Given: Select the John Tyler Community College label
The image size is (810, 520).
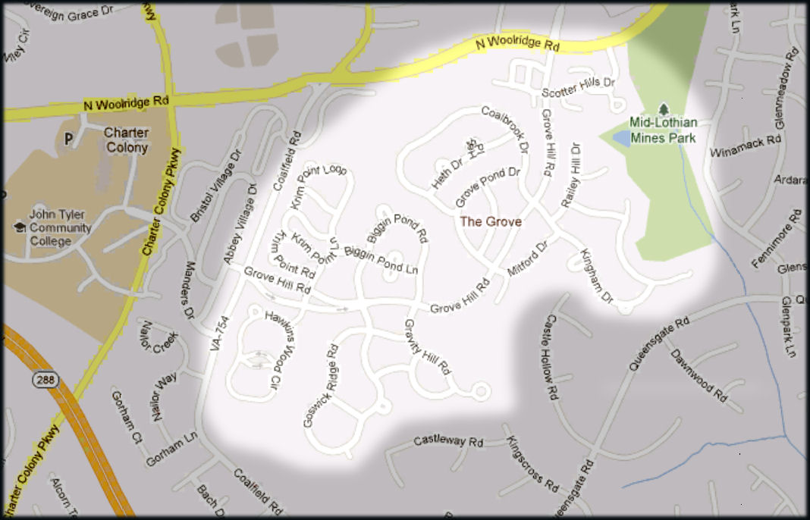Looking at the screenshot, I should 60,227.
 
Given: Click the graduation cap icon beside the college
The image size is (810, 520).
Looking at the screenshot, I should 19,227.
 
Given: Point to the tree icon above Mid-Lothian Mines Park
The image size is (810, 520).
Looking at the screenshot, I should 664,110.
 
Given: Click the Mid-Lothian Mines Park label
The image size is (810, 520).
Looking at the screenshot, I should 663,130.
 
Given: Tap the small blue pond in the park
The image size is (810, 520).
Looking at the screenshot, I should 620,137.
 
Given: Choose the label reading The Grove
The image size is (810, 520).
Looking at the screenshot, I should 491,221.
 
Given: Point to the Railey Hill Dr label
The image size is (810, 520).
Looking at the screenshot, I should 570,176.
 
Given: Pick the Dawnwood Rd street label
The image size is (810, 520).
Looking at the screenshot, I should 699,374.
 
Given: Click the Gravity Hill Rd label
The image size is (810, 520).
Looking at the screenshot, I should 428,348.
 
